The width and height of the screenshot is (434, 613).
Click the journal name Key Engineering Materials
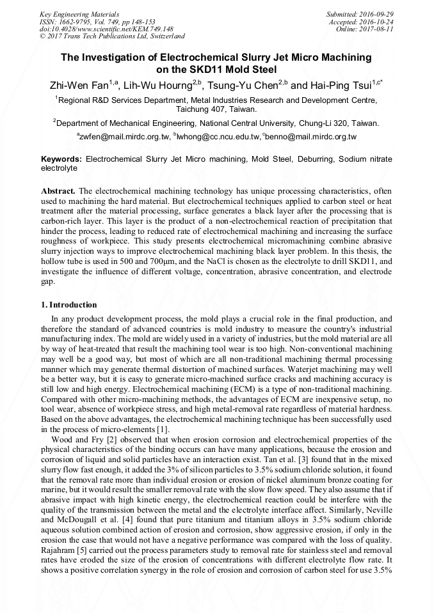(x=79, y=13)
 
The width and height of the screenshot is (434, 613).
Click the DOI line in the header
(x=106, y=29)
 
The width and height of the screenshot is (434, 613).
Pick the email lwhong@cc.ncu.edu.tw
(x=218, y=137)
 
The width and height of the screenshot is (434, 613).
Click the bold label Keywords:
(x=61, y=159)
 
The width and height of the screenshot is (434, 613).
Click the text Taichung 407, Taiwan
(x=216, y=109)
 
